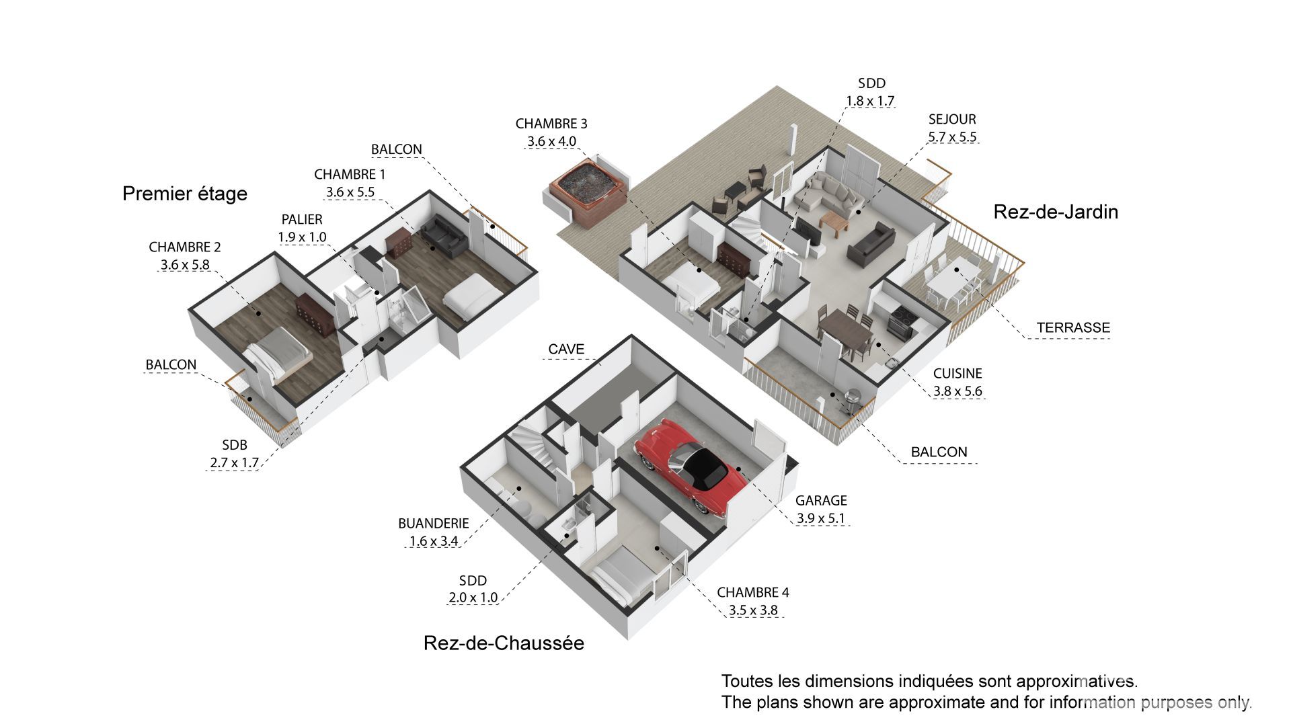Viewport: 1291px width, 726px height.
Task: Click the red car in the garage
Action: (x=693, y=464)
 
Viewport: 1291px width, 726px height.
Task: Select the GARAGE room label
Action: (x=821, y=501)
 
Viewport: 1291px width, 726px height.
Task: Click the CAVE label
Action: (x=566, y=350)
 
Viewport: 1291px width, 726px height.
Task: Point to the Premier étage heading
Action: (x=185, y=194)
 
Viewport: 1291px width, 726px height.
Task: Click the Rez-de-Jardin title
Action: (x=1056, y=212)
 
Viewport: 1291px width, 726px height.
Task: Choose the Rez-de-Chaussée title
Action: (x=504, y=643)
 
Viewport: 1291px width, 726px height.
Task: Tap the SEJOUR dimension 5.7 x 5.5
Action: (x=952, y=137)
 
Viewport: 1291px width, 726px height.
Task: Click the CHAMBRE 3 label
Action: (x=551, y=124)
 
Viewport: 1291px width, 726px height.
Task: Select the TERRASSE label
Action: (x=1073, y=328)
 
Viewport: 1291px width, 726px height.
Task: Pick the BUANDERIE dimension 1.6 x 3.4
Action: (x=434, y=541)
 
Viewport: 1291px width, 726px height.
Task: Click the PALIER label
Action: (x=302, y=219)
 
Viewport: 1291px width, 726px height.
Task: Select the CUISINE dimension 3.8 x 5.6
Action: (x=957, y=391)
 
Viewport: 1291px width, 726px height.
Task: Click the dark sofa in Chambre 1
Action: (x=442, y=235)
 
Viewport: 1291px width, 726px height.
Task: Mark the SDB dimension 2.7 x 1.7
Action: (x=234, y=462)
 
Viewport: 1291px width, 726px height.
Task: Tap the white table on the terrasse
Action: (x=955, y=280)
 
